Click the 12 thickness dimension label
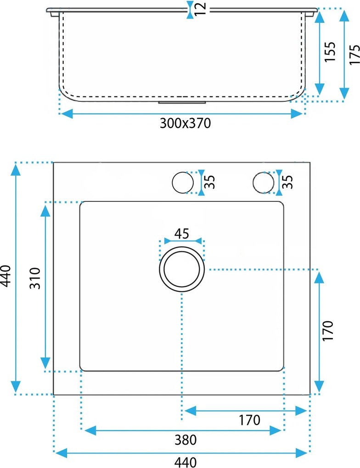pos(202,9)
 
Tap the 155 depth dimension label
pos(330,52)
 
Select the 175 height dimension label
pos(355,54)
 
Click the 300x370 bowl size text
pos(185,123)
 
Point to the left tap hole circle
pos(183,182)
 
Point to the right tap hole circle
pos(263,182)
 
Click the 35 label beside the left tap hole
pos(210,182)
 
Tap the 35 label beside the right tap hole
pos(288,182)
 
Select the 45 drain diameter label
pos(182,234)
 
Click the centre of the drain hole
pos(182,269)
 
